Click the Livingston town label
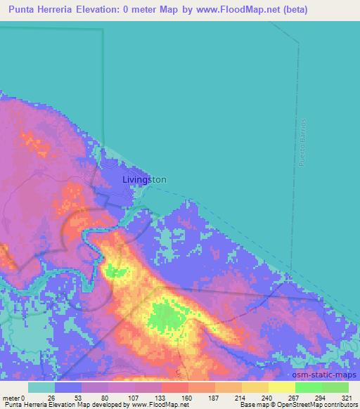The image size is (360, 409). point(144,179)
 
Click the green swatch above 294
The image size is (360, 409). point(309,387)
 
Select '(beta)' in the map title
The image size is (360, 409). point(294,10)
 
